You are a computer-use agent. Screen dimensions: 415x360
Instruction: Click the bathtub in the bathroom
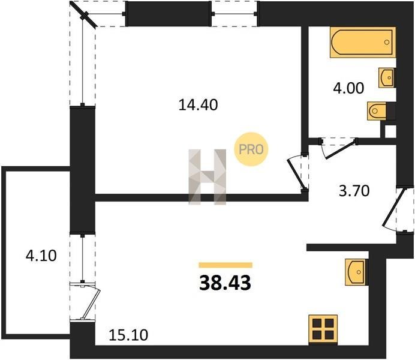(x=363, y=42)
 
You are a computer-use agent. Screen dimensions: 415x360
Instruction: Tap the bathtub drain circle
(x=387, y=42)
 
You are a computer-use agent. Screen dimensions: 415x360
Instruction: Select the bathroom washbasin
(x=387, y=77)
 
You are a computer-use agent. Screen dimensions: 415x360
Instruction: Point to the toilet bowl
(x=377, y=111)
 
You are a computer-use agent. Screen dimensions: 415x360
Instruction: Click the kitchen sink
(x=356, y=272)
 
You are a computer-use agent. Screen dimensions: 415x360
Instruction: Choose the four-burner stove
(x=323, y=329)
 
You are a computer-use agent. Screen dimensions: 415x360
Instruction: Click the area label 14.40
(x=199, y=104)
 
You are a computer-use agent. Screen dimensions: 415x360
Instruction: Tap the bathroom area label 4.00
(x=348, y=88)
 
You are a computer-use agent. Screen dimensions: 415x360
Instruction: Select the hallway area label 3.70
(x=354, y=191)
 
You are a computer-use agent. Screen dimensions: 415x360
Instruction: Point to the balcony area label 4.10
(x=41, y=256)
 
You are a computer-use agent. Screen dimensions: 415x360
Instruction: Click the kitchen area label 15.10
(x=128, y=335)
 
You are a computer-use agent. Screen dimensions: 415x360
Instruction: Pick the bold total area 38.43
(x=225, y=283)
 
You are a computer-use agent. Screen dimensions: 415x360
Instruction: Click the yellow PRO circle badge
(x=251, y=149)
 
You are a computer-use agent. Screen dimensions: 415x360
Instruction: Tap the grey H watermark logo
(x=207, y=177)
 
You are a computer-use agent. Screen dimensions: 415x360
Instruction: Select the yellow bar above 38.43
(x=225, y=265)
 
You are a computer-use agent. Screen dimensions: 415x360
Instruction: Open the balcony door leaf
(x=90, y=304)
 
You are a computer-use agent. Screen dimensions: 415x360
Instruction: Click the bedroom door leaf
(x=296, y=173)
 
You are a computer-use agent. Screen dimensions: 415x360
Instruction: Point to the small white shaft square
(x=390, y=131)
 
